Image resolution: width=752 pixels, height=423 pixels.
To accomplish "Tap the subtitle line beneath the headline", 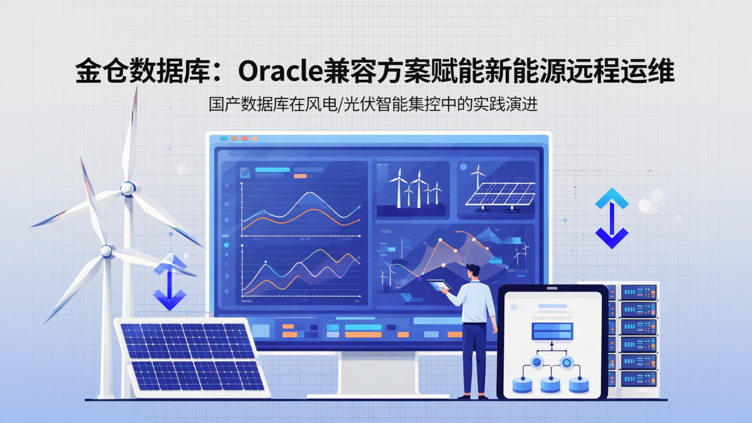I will (x=373, y=104).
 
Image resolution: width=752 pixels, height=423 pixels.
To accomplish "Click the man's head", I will (x=473, y=272).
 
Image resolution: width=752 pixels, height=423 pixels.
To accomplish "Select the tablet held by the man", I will (x=439, y=285).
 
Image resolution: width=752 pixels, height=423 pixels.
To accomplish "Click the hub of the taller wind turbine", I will (x=128, y=188).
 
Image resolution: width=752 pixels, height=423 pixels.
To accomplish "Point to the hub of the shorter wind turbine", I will (x=107, y=251).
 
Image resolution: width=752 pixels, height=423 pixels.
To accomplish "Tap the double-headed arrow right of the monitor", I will (x=612, y=218).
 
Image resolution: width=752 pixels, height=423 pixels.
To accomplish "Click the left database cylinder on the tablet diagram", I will (x=522, y=385).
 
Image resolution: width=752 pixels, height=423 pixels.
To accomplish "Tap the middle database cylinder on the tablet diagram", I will (x=550, y=385).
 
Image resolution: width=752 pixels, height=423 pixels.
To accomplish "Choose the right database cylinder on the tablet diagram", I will (x=579, y=385).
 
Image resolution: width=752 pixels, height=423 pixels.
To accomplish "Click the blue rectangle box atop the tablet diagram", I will (x=552, y=331).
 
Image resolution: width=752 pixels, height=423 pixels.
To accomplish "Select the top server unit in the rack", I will (x=638, y=292).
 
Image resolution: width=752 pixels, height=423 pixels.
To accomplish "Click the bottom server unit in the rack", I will (x=638, y=378).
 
